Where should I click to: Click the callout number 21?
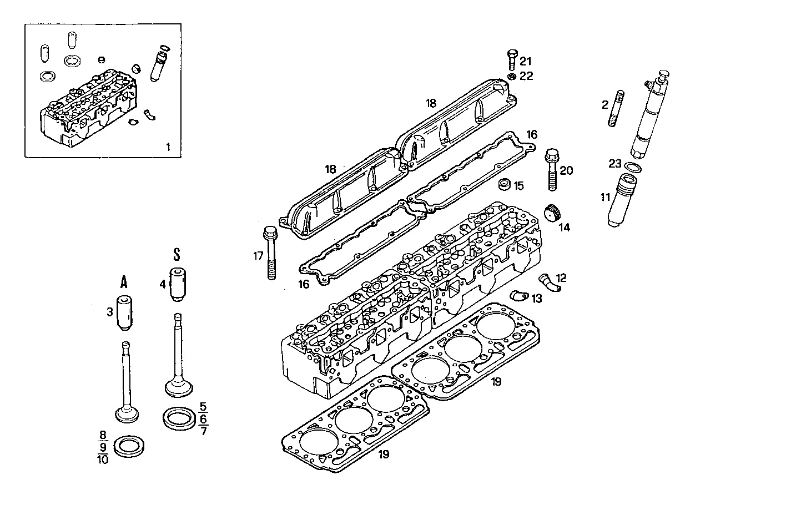point(526,61)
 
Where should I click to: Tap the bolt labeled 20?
point(552,169)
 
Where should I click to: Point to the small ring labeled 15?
point(505,183)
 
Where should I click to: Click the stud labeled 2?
point(618,109)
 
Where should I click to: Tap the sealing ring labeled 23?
point(632,166)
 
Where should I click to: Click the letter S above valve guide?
point(177,255)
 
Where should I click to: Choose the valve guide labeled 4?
point(177,285)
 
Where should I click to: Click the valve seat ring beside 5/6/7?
point(179,417)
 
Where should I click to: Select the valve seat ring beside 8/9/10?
point(127,446)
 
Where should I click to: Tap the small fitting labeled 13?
point(518,295)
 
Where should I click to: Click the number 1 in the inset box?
point(169,147)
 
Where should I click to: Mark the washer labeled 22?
point(512,76)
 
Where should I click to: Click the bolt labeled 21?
point(512,59)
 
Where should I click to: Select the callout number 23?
point(614,164)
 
